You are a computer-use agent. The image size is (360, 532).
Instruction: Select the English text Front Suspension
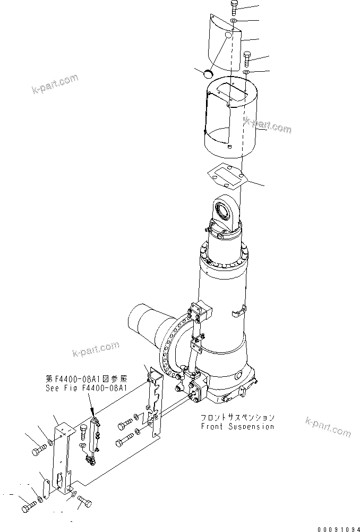click(x=237, y=426)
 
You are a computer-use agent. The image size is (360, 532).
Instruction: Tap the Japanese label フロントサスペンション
click(x=237, y=417)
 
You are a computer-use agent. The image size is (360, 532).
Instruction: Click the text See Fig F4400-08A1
click(x=86, y=389)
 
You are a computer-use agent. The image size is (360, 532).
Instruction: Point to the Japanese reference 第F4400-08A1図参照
click(x=86, y=379)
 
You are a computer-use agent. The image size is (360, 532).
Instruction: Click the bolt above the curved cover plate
click(x=235, y=9)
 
